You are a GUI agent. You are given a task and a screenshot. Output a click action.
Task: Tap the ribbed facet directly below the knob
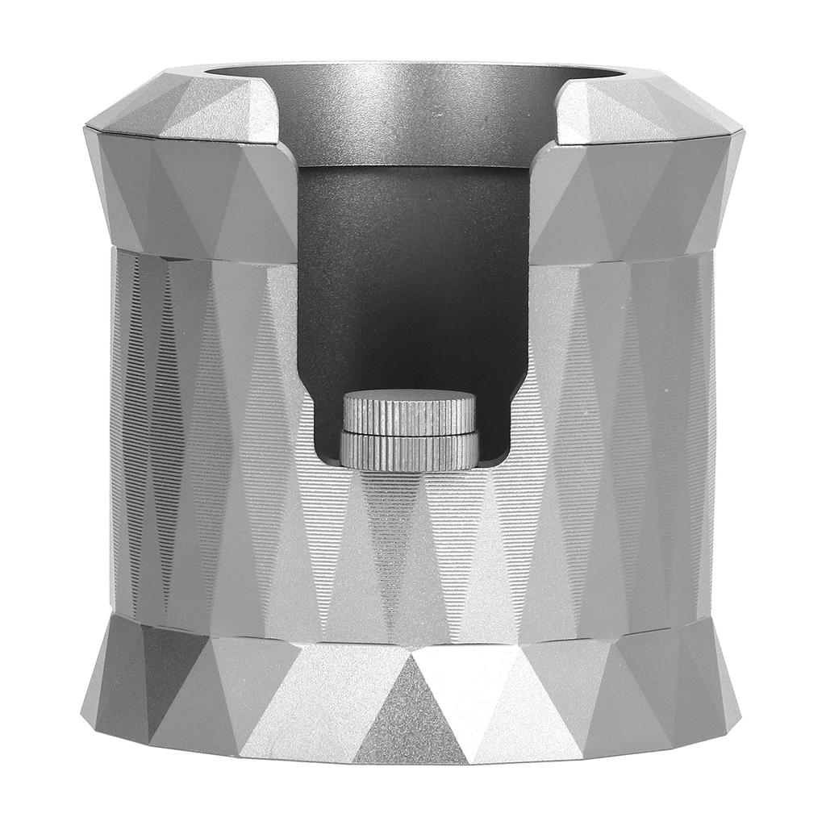(395, 549)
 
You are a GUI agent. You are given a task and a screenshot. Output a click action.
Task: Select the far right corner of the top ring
(740, 129)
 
